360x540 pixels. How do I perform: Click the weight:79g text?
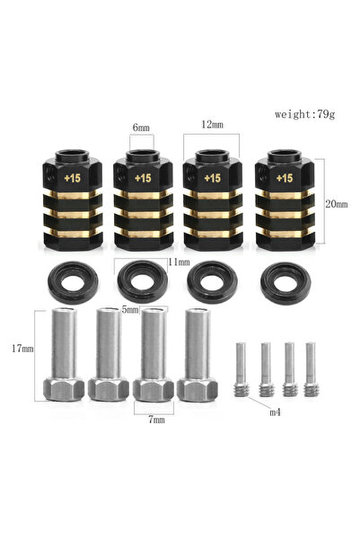[304, 114]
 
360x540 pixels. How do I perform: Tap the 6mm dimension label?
[141, 128]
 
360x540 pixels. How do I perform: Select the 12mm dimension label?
[213, 125]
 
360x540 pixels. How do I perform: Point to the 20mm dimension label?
[337, 204]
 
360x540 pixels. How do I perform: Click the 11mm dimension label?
[179, 262]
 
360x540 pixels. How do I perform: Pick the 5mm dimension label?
[130, 310]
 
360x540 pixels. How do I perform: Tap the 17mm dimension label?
[22, 349]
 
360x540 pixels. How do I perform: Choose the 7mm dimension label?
[156, 420]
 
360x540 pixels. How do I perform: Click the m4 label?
[275, 412]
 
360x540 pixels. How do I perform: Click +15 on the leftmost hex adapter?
[72, 178]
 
